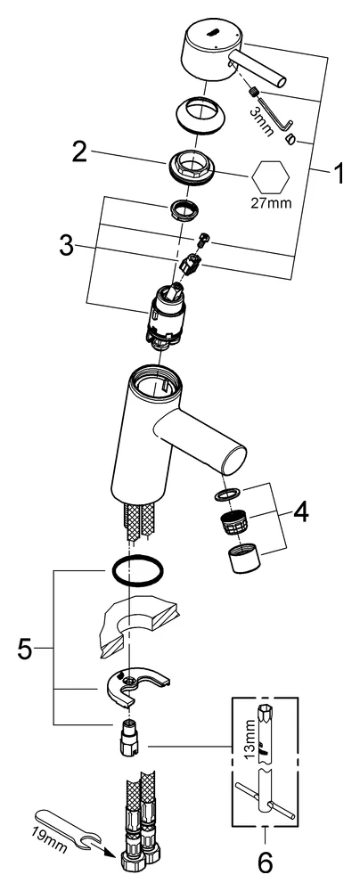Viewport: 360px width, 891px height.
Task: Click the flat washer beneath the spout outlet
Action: (227, 495)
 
